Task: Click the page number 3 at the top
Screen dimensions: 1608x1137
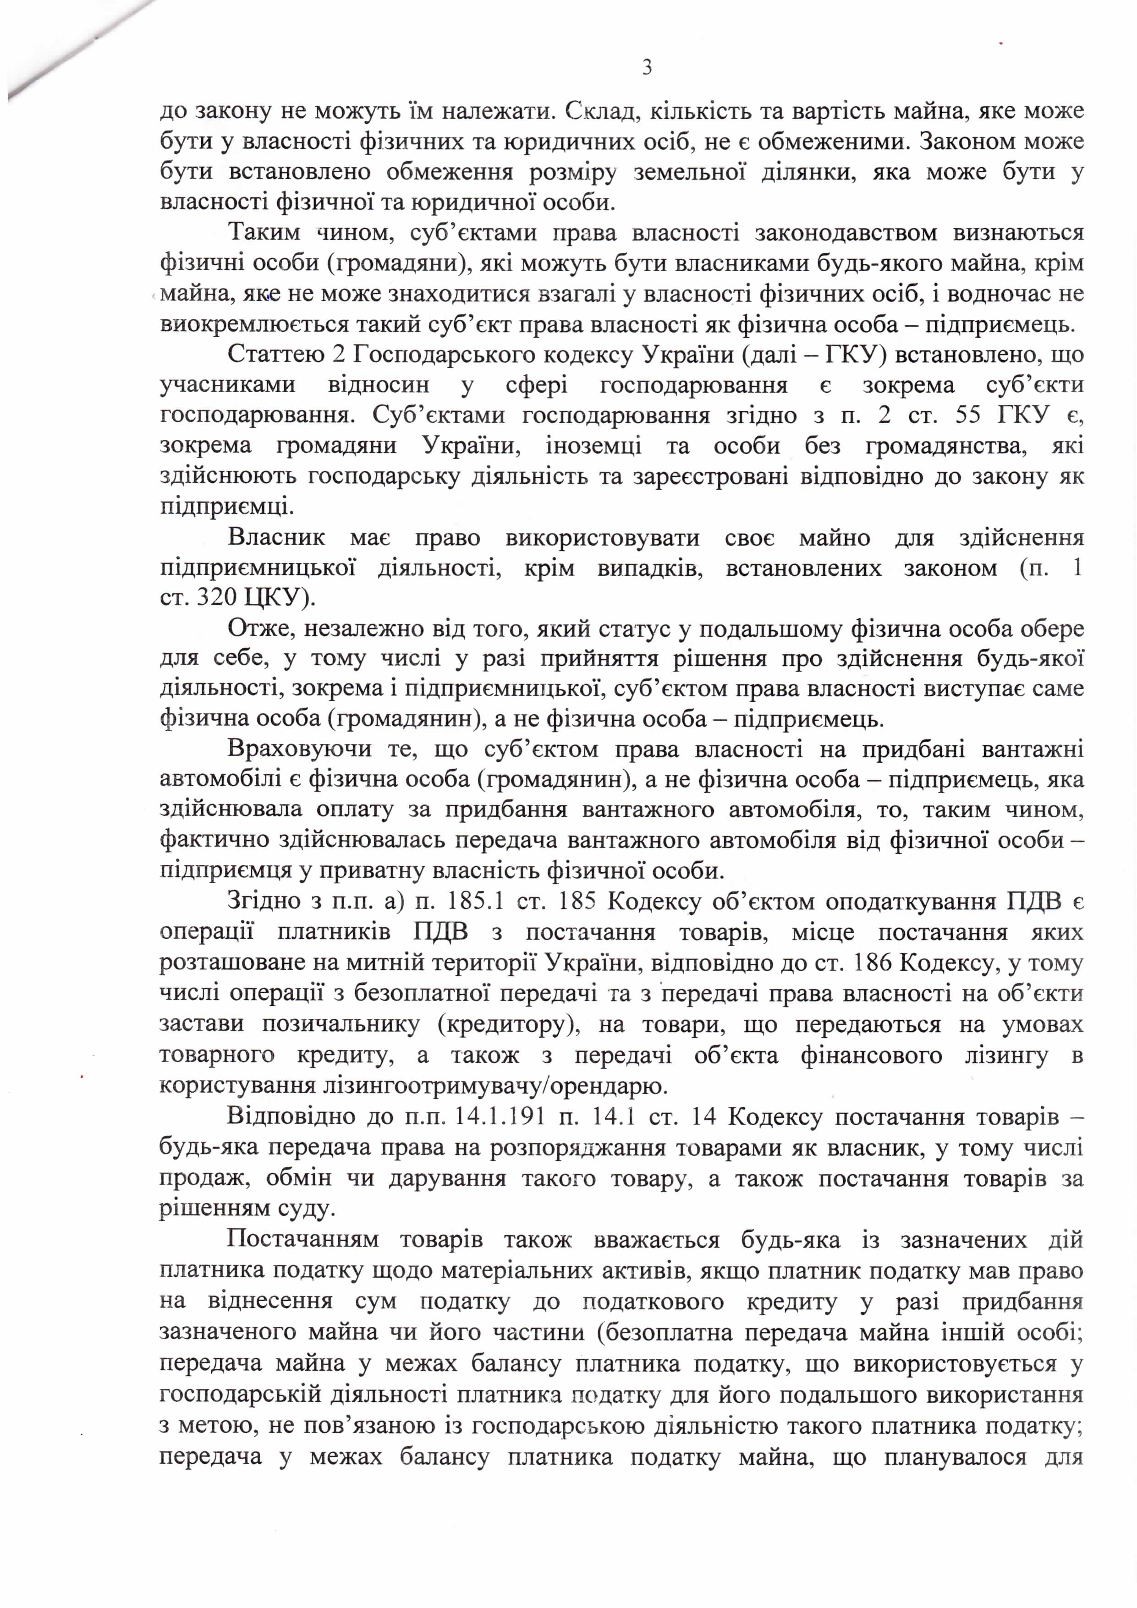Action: pyautogui.click(x=647, y=68)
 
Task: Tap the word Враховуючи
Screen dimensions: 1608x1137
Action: pyautogui.click(x=299, y=749)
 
